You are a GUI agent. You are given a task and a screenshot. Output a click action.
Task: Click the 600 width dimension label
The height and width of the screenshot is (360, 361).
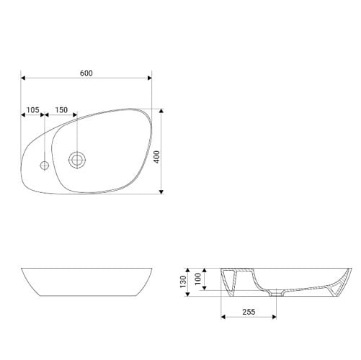86,73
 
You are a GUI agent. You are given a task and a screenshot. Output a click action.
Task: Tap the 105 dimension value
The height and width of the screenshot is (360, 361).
32,110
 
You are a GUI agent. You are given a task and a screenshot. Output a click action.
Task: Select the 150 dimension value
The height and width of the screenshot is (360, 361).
61,110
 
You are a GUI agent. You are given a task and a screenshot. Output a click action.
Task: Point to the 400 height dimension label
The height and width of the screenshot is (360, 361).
156,157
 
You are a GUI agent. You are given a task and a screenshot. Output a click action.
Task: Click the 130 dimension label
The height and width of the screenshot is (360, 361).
183,282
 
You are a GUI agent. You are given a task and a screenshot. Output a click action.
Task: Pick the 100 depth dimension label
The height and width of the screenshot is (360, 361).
198,279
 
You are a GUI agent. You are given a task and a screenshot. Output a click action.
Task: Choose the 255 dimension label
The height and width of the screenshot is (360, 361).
249,312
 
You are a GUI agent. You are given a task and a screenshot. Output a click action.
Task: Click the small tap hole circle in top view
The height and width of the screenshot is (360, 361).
44,165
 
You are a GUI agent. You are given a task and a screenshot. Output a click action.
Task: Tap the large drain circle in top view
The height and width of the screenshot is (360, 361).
77,160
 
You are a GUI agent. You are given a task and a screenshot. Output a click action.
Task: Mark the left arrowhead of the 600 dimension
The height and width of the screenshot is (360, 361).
23,78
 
